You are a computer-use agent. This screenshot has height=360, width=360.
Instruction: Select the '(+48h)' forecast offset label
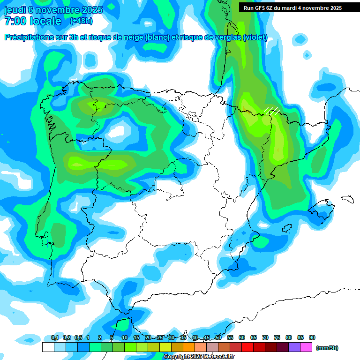click(x=81, y=21)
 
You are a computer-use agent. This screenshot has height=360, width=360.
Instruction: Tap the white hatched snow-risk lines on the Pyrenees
click(x=272, y=110)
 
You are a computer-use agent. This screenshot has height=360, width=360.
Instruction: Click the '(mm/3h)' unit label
click(x=327, y=348)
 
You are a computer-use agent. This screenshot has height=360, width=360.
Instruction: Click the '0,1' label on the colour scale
click(x=54, y=338)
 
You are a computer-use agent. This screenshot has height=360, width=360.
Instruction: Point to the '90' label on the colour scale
click(x=312, y=338)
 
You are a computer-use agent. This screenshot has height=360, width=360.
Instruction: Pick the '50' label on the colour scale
click(x=218, y=338)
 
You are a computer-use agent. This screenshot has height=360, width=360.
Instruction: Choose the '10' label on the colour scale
click(x=125, y=338)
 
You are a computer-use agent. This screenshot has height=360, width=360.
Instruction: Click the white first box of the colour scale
click(x=48, y=347)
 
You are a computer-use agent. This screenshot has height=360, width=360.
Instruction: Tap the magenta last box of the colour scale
click(x=307, y=347)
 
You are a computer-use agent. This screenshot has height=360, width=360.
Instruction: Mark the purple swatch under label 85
click(x=295, y=347)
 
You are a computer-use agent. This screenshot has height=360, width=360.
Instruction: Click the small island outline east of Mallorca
click(x=347, y=199)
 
